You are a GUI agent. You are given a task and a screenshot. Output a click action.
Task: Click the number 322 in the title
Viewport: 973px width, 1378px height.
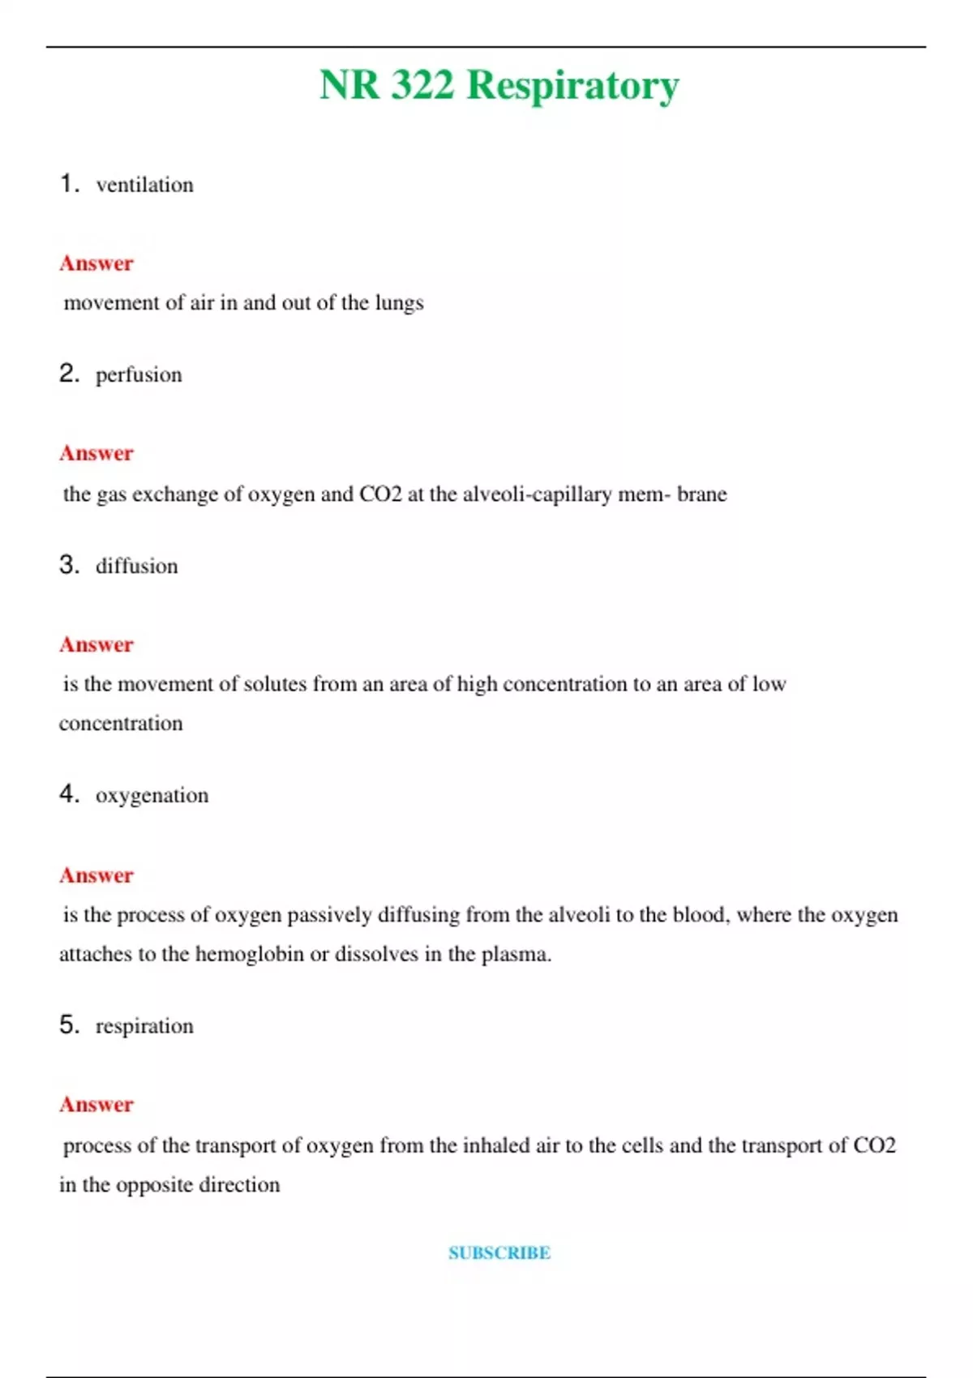(422, 84)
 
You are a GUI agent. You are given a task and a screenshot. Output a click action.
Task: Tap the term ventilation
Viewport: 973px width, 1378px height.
(144, 186)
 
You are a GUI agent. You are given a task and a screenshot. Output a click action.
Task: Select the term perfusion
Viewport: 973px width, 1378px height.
(139, 375)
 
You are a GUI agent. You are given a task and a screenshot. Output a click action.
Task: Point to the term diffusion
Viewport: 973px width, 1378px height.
(136, 566)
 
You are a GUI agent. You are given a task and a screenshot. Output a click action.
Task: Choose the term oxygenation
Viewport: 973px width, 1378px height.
(152, 796)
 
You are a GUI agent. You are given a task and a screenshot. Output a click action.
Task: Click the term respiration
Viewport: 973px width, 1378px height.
(144, 1026)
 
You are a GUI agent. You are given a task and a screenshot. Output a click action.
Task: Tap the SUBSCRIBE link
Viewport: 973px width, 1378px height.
(499, 1252)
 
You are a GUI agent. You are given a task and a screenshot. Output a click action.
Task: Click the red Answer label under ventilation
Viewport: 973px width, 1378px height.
(96, 263)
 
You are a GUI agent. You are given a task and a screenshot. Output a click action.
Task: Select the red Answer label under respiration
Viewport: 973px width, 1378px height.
(96, 1104)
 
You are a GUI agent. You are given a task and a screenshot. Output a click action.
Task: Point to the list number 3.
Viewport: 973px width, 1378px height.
(69, 564)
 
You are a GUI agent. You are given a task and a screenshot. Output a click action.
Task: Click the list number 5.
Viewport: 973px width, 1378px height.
(69, 1025)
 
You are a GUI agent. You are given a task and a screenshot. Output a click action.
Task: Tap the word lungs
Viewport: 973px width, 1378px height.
(400, 303)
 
